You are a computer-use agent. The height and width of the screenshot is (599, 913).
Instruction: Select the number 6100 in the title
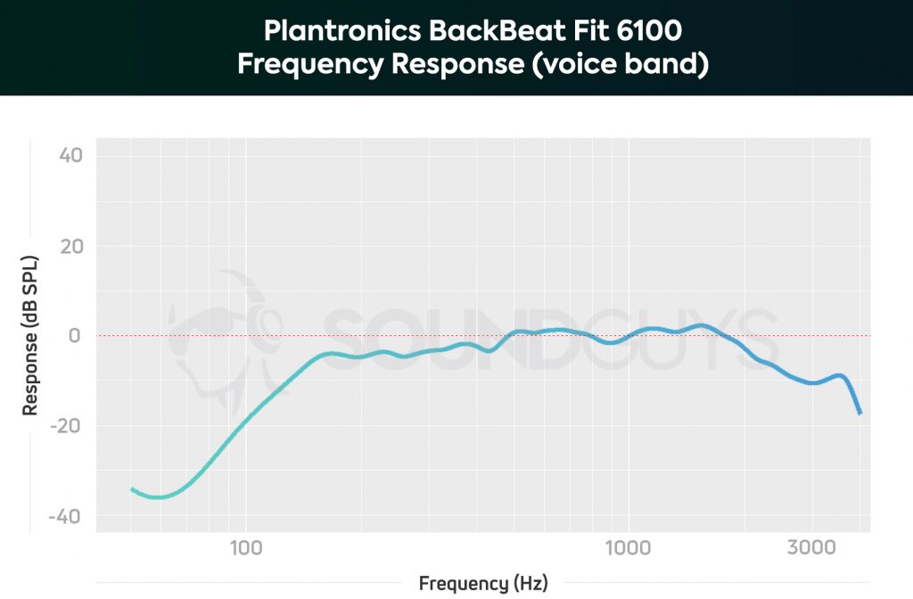pyautogui.click(x=648, y=33)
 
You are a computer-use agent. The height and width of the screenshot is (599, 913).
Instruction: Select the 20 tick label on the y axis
pyautogui.click(x=71, y=246)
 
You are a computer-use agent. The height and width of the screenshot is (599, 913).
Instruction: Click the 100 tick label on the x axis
pyautogui.click(x=245, y=546)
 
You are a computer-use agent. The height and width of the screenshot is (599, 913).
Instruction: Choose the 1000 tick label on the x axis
pyautogui.click(x=628, y=546)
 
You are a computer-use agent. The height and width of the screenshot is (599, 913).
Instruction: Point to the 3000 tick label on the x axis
pyautogui.click(x=811, y=546)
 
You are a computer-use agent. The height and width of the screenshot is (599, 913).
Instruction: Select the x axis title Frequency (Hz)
pyautogui.click(x=483, y=584)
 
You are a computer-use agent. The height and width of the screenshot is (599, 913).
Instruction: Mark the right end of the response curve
pyautogui.click(x=860, y=414)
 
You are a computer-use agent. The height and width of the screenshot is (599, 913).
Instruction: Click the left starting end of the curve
pyautogui.click(x=132, y=488)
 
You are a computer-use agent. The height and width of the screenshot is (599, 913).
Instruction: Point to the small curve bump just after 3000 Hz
pyautogui.click(x=839, y=375)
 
